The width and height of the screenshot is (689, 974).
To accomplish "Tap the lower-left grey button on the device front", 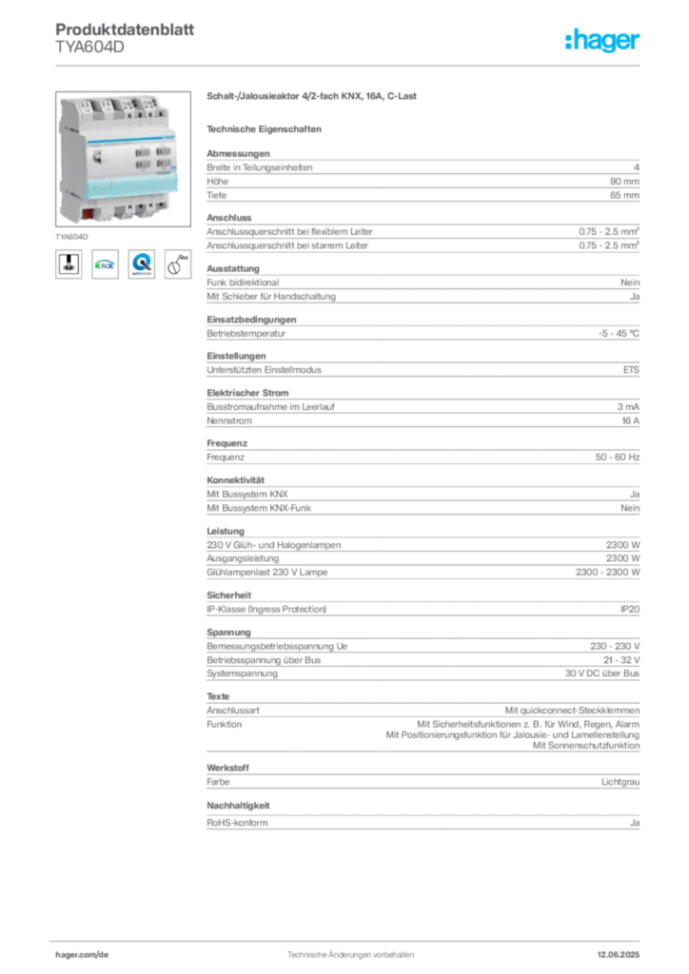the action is point(143,166).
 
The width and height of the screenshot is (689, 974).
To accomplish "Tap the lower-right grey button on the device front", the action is point(165,164).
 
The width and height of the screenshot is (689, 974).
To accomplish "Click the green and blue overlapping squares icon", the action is point(105,265).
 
